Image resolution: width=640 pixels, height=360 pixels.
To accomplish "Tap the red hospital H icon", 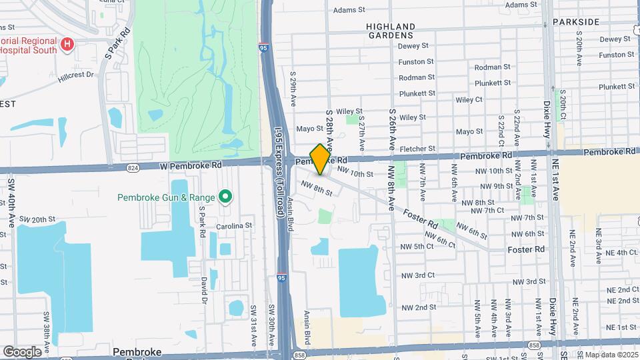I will pos(67,45).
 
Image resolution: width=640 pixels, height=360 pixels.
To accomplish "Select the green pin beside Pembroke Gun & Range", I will pos(225,197).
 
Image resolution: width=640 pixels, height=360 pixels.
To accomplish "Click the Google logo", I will pos(22,351).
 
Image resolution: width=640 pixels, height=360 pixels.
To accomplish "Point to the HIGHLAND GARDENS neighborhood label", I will pos(390,31).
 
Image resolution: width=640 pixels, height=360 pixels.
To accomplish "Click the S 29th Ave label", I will pos(293,87).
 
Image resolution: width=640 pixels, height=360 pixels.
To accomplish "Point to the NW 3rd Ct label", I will pos(418,275).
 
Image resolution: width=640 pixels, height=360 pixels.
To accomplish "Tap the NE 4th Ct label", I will pos(617,253).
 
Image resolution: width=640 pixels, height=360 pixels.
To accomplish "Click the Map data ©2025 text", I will pos(611,355).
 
